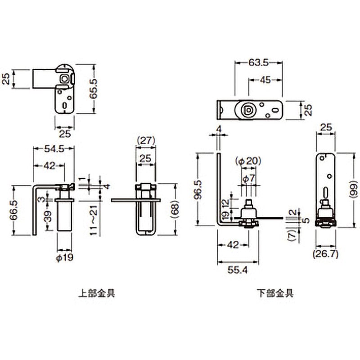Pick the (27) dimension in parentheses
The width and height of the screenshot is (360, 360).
click(x=146, y=140)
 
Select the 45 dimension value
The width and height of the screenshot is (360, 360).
click(x=266, y=80)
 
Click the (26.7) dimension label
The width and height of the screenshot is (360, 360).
click(x=325, y=254)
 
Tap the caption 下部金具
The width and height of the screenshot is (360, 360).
click(x=275, y=293)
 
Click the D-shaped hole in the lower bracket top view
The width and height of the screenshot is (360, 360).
click(x=247, y=110)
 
